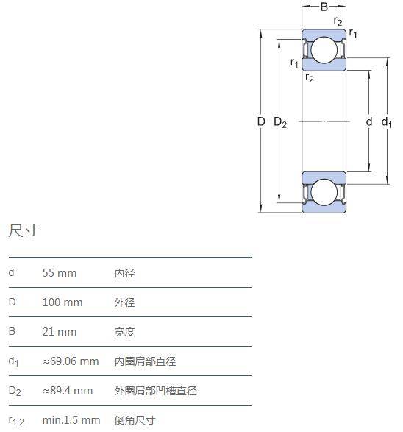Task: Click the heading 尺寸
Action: click(23, 230)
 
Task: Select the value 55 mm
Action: click(60, 273)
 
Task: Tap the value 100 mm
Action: click(63, 302)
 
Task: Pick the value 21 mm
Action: click(60, 332)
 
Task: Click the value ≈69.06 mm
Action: click(71, 361)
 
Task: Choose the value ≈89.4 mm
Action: click(68, 391)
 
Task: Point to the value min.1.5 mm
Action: click(71, 420)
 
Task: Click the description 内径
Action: click(125, 273)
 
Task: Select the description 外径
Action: click(125, 302)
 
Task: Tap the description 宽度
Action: click(125, 332)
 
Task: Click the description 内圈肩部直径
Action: click(146, 362)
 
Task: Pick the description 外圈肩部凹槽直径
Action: click(155, 392)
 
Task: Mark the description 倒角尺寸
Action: click(135, 421)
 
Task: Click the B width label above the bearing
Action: click(324, 7)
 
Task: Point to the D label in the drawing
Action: click(261, 121)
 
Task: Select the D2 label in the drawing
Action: click(280, 122)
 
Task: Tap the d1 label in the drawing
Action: click(387, 122)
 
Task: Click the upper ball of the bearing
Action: click(324, 50)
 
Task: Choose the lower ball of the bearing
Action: click(324, 192)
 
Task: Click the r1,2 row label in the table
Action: click(16, 421)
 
